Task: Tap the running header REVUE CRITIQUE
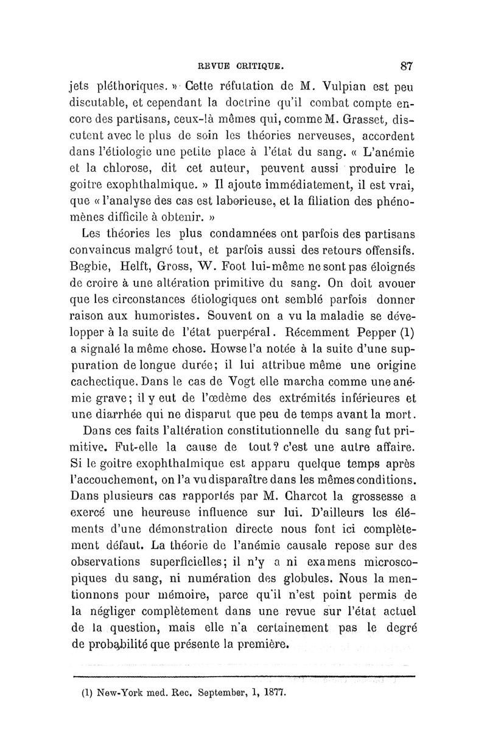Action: tap(242, 65)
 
